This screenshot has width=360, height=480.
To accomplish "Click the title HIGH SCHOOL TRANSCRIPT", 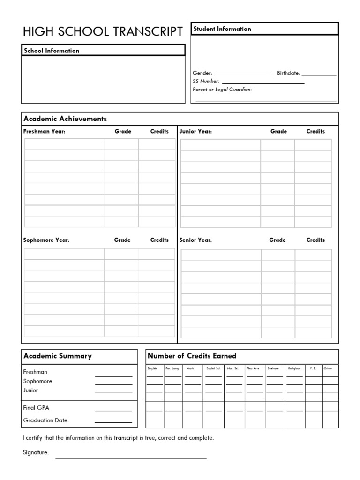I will [103, 31].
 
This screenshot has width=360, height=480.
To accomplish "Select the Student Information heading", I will [222, 29].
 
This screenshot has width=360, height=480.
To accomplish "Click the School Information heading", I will [52, 51].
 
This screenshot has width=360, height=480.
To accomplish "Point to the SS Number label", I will [206, 81].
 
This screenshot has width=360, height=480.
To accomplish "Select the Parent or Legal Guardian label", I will [222, 89].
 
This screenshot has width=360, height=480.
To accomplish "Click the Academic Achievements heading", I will [65, 119].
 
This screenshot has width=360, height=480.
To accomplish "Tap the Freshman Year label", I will [45, 132].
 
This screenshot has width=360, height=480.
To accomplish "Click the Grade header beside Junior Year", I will [278, 132].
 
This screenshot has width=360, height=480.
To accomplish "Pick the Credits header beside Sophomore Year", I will [159, 240].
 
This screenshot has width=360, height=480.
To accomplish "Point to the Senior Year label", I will [195, 240].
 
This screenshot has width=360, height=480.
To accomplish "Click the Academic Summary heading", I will [58, 356].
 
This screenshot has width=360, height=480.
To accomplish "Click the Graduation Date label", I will [46, 420].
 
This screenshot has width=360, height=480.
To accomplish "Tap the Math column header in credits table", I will [190, 368].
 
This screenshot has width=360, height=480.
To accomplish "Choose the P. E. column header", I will [313, 368].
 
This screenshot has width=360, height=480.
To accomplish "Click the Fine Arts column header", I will [253, 368].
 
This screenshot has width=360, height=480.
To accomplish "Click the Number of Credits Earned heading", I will [192, 356].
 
